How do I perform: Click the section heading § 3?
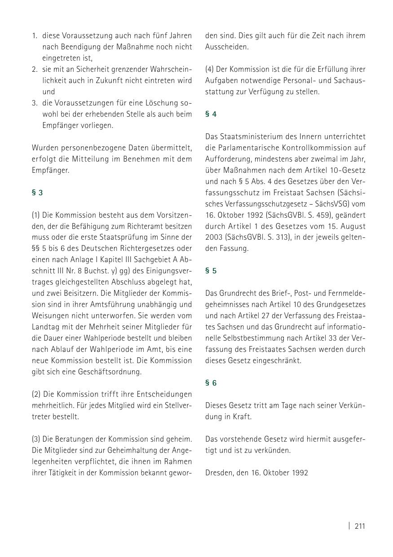tap(37, 193)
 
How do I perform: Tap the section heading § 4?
tap(211, 114)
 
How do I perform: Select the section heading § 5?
tap(211, 271)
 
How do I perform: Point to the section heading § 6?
tap(211, 383)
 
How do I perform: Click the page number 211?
tap(360, 526)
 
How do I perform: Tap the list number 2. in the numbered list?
tap(35, 69)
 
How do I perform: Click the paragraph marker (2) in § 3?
tap(36, 394)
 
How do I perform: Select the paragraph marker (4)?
tap(210, 69)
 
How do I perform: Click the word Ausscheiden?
tap(227, 47)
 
